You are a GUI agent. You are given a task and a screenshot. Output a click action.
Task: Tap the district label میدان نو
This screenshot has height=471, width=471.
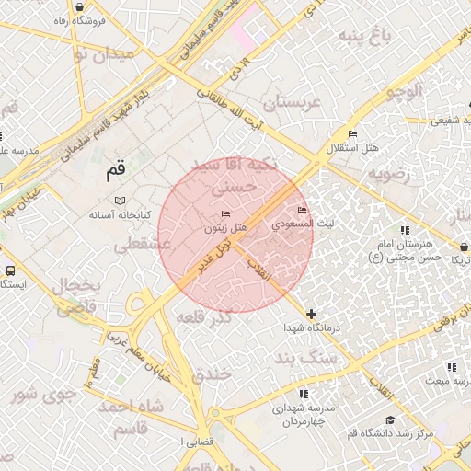pos(103,53)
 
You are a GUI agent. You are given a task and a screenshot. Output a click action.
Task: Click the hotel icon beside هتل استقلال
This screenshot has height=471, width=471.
pos(351,134)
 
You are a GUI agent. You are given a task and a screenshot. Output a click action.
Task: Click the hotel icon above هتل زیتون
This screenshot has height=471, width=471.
pos(226,214)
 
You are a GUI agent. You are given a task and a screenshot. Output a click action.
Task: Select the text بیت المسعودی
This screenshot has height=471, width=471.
pos(306,224)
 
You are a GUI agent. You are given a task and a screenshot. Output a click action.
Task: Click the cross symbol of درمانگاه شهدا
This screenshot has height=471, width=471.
pos(311,315)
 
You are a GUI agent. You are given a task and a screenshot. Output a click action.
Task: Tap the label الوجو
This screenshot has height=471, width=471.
pos(404,90)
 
